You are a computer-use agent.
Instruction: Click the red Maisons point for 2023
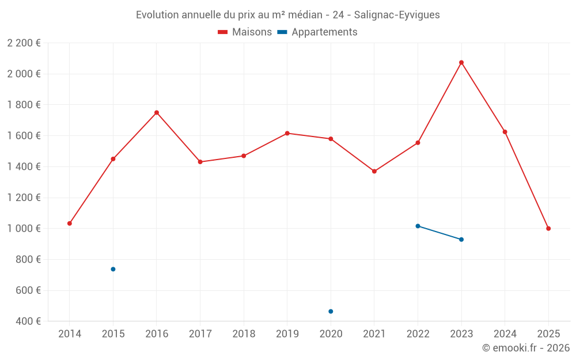(x=461, y=62)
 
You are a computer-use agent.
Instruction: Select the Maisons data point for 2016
(x=157, y=112)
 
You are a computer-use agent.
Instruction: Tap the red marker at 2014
(x=70, y=223)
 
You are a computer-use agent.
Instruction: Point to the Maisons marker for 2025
(x=548, y=229)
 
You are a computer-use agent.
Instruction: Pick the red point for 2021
(x=374, y=171)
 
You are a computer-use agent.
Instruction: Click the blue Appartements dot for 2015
(x=113, y=269)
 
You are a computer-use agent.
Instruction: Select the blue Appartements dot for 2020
(x=331, y=312)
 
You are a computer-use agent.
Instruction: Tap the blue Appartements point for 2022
(x=418, y=226)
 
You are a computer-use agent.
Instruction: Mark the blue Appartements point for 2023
(x=461, y=240)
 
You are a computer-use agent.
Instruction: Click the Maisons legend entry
(x=245, y=32)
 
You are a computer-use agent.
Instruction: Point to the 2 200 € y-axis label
(x=24, y=43)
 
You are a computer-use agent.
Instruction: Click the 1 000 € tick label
(x=24, y=229)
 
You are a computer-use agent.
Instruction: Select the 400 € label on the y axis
(x=28, y=321)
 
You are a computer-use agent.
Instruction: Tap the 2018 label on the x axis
(x=244, y=334)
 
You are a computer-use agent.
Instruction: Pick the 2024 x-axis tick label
(x=505, y=334)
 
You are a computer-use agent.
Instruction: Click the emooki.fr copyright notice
(x=526, y=348)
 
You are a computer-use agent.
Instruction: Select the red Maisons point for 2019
(x=287, y=133)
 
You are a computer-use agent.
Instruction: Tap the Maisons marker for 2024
(x=505, y=132)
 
